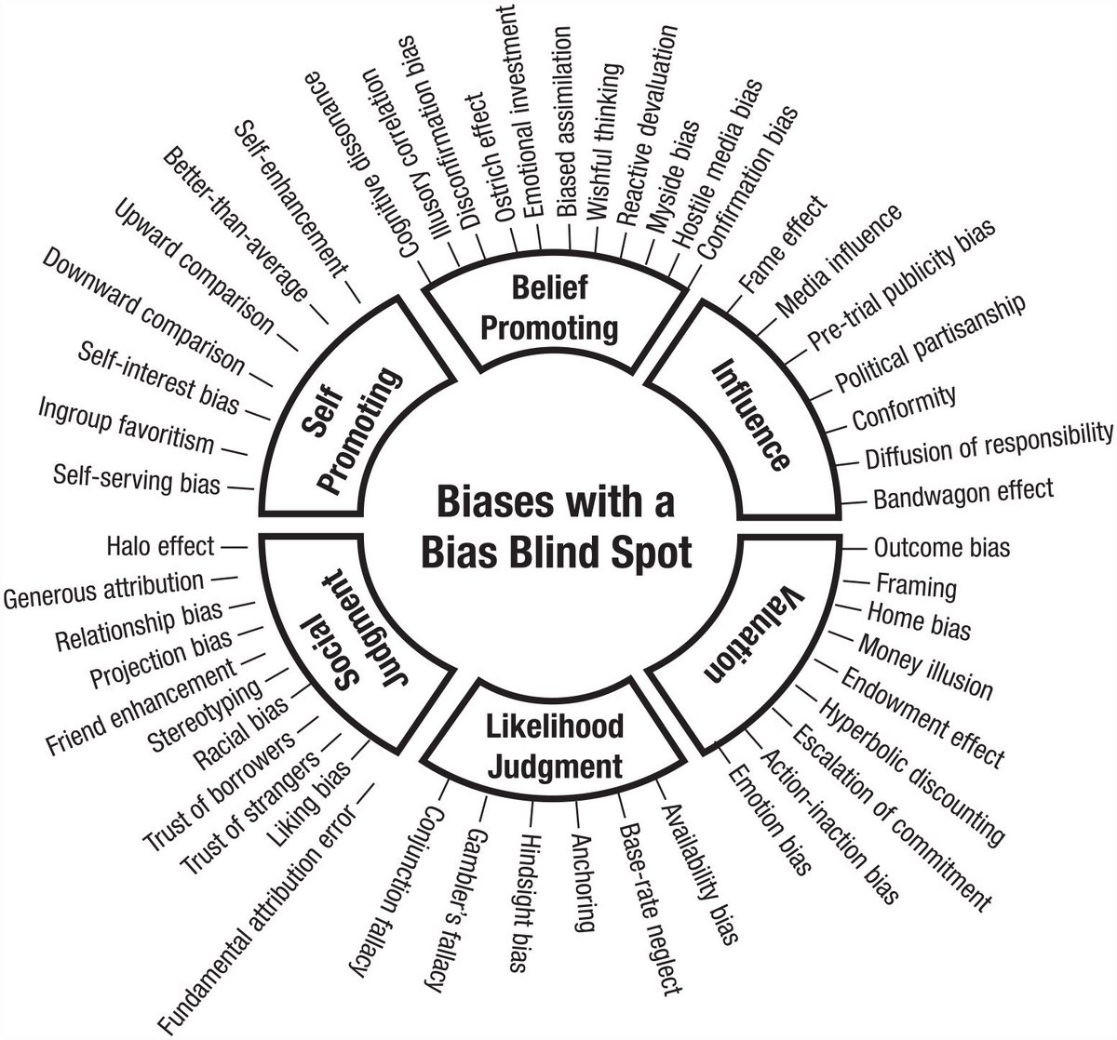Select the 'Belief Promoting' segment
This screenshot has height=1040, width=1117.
(x=551, y=309)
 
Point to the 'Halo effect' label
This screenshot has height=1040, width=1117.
(x=160, y=546)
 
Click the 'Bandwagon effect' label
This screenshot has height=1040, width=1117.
(x=962, y=492)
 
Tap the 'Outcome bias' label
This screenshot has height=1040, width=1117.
(x=942, y=547)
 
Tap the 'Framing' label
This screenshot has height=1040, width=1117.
(x=916, y=586)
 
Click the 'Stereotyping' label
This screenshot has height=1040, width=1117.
(x=205, y=717)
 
